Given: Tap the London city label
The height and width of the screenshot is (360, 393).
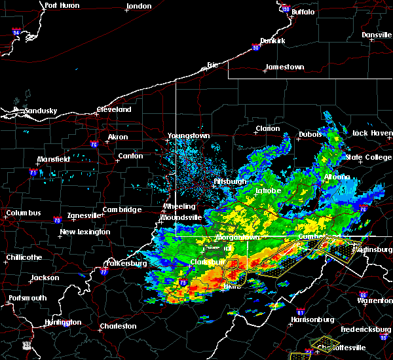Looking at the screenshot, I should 139,6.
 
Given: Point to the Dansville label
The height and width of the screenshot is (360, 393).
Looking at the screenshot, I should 375,35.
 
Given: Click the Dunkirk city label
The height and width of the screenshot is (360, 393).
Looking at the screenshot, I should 272,41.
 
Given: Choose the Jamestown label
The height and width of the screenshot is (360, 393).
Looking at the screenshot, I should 284,67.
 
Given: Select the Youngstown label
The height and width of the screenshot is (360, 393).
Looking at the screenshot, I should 189,135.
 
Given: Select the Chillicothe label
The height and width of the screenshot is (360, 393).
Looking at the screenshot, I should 24,257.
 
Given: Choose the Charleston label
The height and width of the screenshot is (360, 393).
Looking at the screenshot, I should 118,326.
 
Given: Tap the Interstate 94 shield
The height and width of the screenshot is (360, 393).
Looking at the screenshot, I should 16,31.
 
